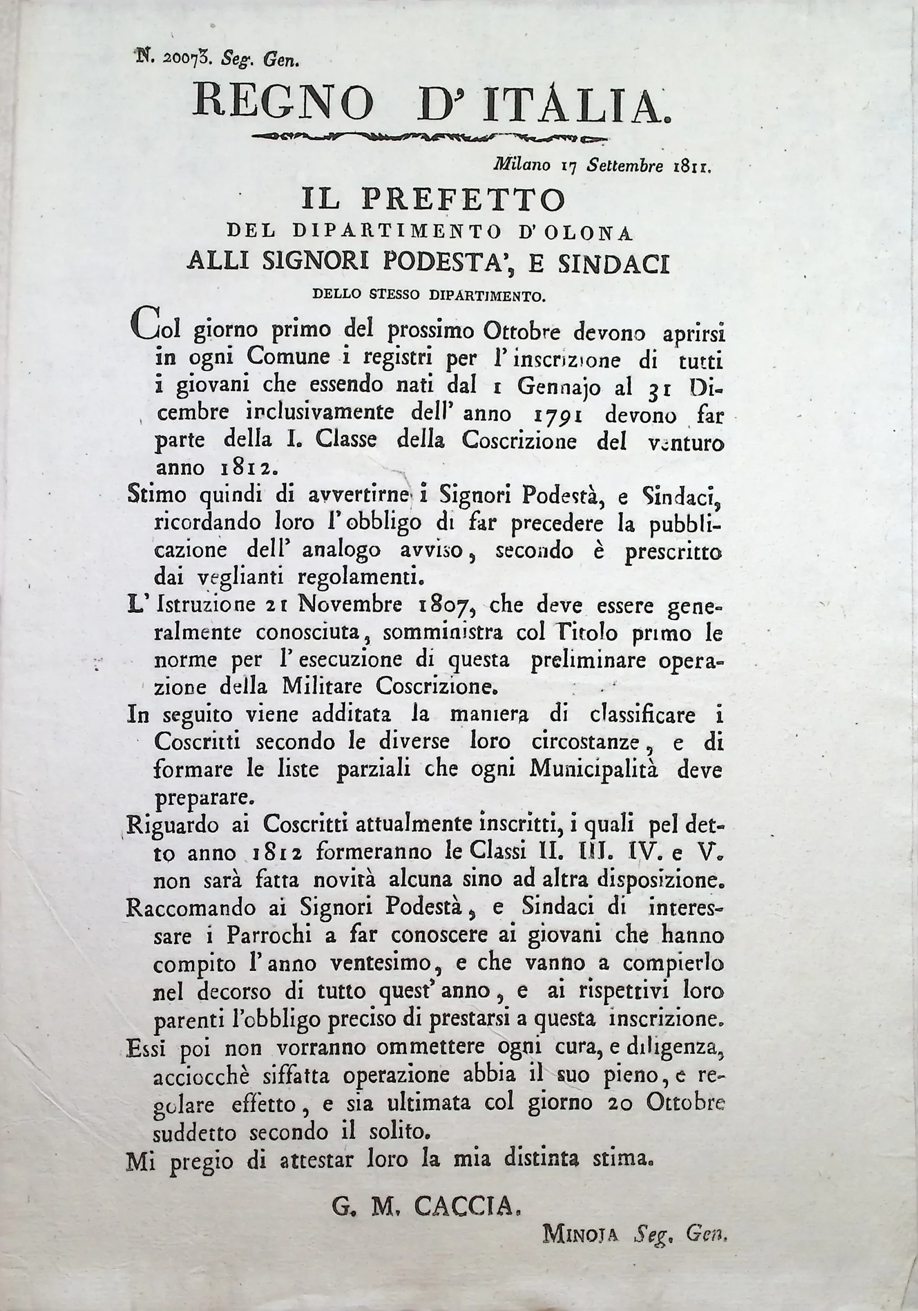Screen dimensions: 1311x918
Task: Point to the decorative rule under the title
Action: click(429, 137)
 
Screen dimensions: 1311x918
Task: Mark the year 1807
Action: click(443, 605)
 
